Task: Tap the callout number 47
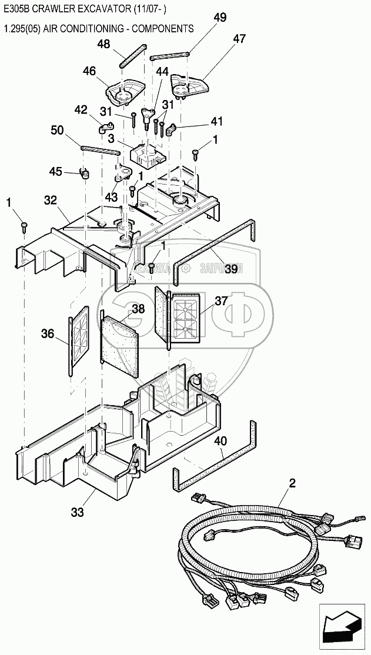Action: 239,39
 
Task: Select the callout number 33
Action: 78,512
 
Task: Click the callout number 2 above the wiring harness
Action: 292,484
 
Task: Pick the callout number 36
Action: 48,334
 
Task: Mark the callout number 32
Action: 51,200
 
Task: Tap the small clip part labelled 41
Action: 171,130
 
